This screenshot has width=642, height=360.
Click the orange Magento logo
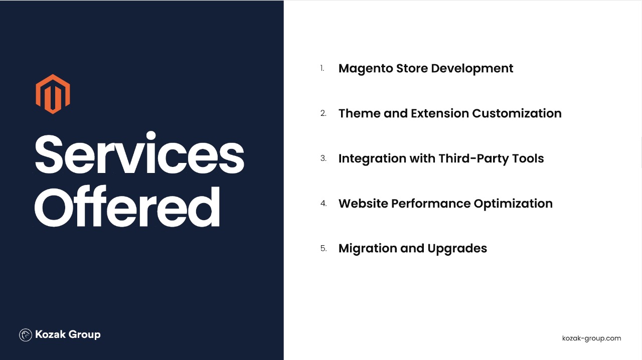tap(53, 94)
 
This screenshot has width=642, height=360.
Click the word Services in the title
tap(139, 153)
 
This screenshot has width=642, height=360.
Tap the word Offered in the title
tap(127, 207)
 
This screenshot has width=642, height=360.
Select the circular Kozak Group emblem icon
tap(26, 335)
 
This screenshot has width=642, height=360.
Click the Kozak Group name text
tap(68, 334)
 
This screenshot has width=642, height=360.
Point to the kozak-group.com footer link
tap(591, 338)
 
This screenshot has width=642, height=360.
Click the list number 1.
tap(322, 68)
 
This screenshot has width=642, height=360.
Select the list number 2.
tap(324, 113)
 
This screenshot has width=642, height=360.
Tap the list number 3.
tap(324, 158)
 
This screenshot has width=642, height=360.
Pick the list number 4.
tap(324, 203)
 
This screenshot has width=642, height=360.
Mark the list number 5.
tap(324, 248)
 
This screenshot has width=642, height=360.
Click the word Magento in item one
tap(366, 69)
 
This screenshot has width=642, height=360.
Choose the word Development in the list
tap(472, 69)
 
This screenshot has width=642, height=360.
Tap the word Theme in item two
tap(360, 113)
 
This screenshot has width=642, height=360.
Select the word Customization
tap(517, 113)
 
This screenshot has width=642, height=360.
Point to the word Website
tap(363, 203)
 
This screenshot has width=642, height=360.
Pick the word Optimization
tap(513, 204)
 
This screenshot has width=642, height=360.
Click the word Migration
tap(368, 249)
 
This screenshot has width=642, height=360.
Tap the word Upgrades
tap(457, 249)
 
